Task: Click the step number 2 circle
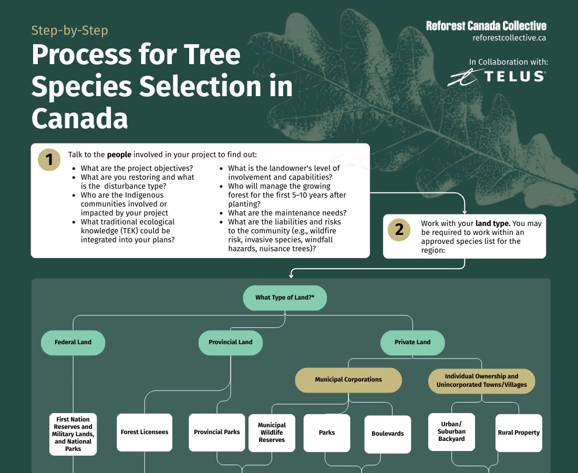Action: (x=399, y=230)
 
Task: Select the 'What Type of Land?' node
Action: (x=285, y=297)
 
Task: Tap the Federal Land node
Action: (x=73, y=342)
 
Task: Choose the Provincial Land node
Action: (x=230, y=342)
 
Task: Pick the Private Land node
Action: (x=412, y=342)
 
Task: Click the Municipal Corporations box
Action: (x=348, y=379)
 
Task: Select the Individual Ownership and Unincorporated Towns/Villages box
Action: (x=481, y=381)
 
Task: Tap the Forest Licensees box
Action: (x=145, y=432)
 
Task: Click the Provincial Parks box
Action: (x=217, y=432)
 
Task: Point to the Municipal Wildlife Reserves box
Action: (x=272, y=433)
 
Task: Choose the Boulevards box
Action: (x=388, y=434)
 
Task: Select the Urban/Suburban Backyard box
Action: (x=451, y=431)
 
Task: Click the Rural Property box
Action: (x=519, y=433)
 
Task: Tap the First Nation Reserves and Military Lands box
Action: (x=73, y=434)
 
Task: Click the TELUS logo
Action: (x=497, y=77)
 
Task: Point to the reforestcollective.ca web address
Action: (x=509, y=38)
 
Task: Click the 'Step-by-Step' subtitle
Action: (x=69, y=30)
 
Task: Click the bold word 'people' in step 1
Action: (x=119, y=155)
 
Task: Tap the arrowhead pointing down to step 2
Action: (x=465, y=211)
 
